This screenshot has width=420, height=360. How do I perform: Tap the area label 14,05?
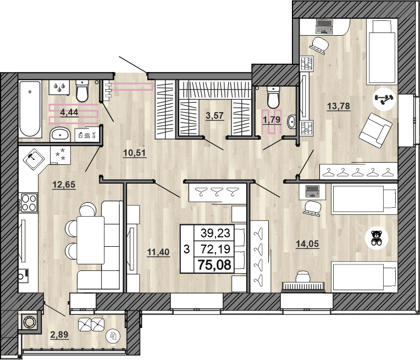click(x=308, y=244)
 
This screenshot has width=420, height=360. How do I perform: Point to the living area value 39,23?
click(x=215, y=233)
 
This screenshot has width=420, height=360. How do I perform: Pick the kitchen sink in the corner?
click(x=35, y=159)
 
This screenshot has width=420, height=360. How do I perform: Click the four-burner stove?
click(x=28, y=203)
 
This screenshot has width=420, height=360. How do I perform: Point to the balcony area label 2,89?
click(x=59, y=335)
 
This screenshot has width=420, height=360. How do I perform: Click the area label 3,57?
click(x=214, y=115)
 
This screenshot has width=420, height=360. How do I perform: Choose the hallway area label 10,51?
click(x=134, y=153)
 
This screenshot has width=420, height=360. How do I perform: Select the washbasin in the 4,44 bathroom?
click(x=60, y=134)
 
